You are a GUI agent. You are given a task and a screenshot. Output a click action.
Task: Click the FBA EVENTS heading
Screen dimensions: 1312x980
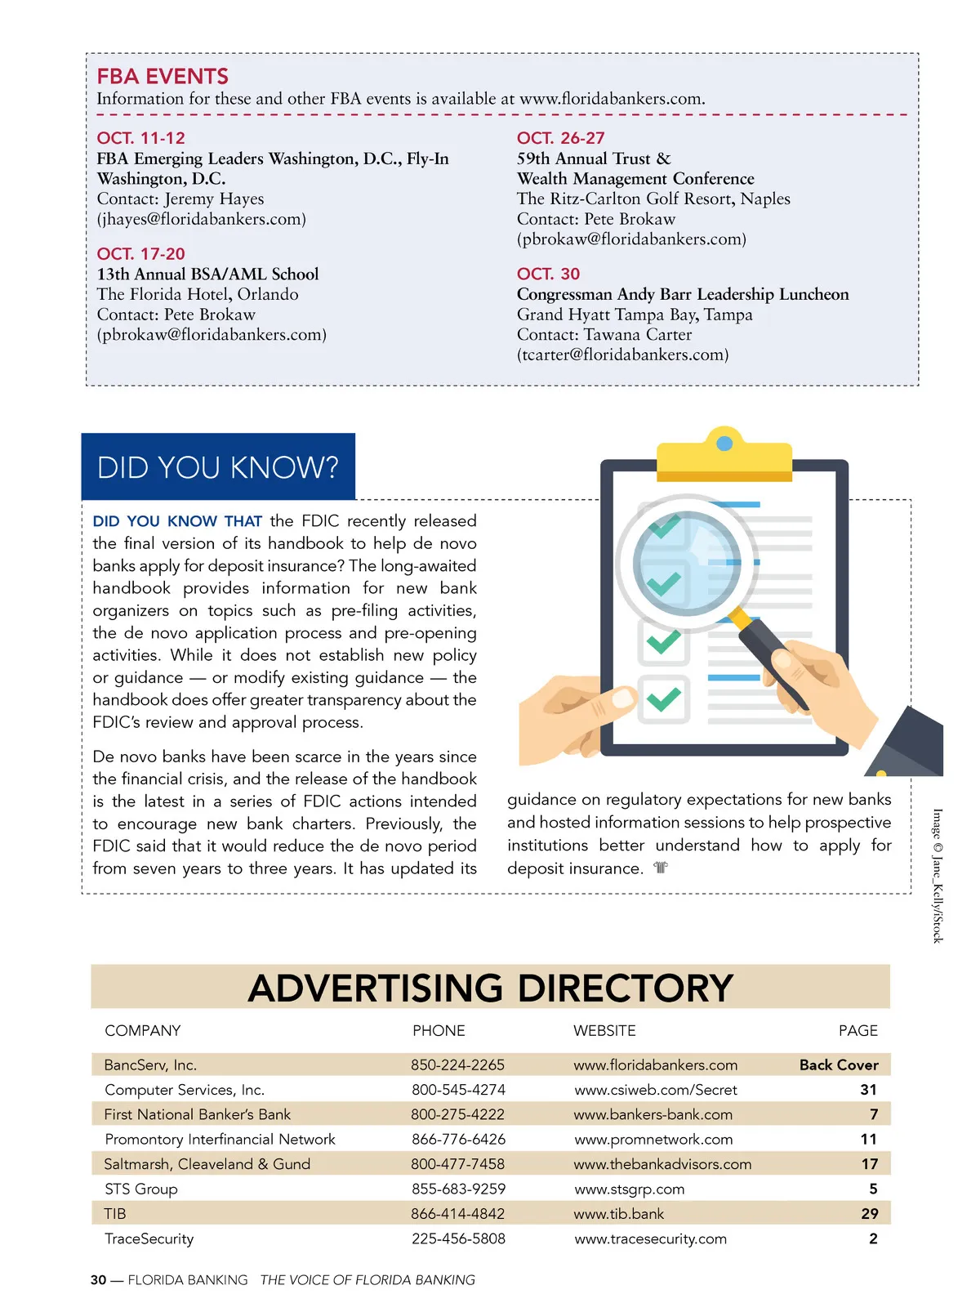(163, 77)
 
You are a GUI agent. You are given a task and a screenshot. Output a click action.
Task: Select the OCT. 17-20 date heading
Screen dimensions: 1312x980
(140, 254)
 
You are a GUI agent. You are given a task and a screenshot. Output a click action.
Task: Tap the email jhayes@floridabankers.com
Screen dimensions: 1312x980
(202, 219)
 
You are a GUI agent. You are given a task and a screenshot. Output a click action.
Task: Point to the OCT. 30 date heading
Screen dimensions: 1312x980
(548, 274)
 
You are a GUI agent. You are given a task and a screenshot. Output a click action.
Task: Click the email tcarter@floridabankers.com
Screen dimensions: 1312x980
(622, 355)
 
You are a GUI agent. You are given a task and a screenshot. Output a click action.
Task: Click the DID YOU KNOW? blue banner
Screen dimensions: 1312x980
(218, 467)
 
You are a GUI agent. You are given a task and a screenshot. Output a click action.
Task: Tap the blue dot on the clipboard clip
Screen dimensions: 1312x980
(724, 444)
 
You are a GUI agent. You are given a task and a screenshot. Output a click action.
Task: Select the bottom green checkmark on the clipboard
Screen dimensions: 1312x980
(663, 699)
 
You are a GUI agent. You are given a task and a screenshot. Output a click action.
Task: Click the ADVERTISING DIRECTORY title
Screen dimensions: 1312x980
(490, 988)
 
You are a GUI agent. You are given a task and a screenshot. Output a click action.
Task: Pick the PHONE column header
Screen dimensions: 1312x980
(439, 1031)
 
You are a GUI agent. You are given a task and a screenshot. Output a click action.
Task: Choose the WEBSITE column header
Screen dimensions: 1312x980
(604, 1031)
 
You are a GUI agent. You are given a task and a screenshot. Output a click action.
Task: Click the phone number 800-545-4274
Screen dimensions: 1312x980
(458, 1090)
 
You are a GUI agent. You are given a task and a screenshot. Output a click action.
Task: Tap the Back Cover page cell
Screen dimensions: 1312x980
(839, 1065)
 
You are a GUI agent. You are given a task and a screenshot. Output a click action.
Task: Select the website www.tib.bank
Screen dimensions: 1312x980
(618, 1214)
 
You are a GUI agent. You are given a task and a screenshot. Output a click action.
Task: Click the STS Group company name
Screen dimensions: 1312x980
(141, 1189)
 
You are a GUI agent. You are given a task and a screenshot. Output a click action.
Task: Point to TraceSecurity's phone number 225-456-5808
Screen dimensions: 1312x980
(458, 1239)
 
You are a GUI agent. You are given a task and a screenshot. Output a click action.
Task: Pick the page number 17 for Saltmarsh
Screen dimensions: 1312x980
(870, 1164)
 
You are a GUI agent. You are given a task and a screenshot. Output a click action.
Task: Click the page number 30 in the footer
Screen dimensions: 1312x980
(98, 1280)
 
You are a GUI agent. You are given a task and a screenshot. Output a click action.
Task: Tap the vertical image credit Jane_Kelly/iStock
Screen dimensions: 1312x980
(938, 876)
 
